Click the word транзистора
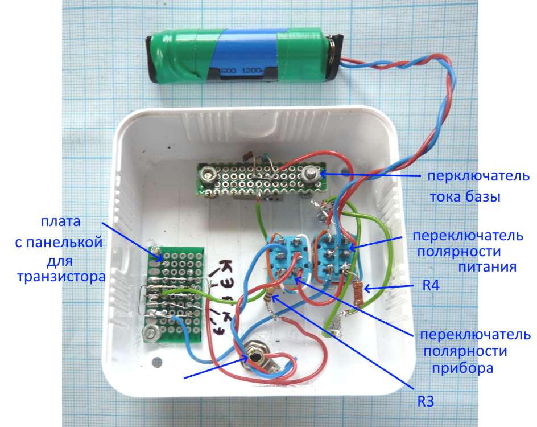[x=58, y=277]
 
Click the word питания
[x=486, y=266]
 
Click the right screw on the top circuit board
[x=311, y=174]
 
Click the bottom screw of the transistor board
[x=152, y=334]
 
